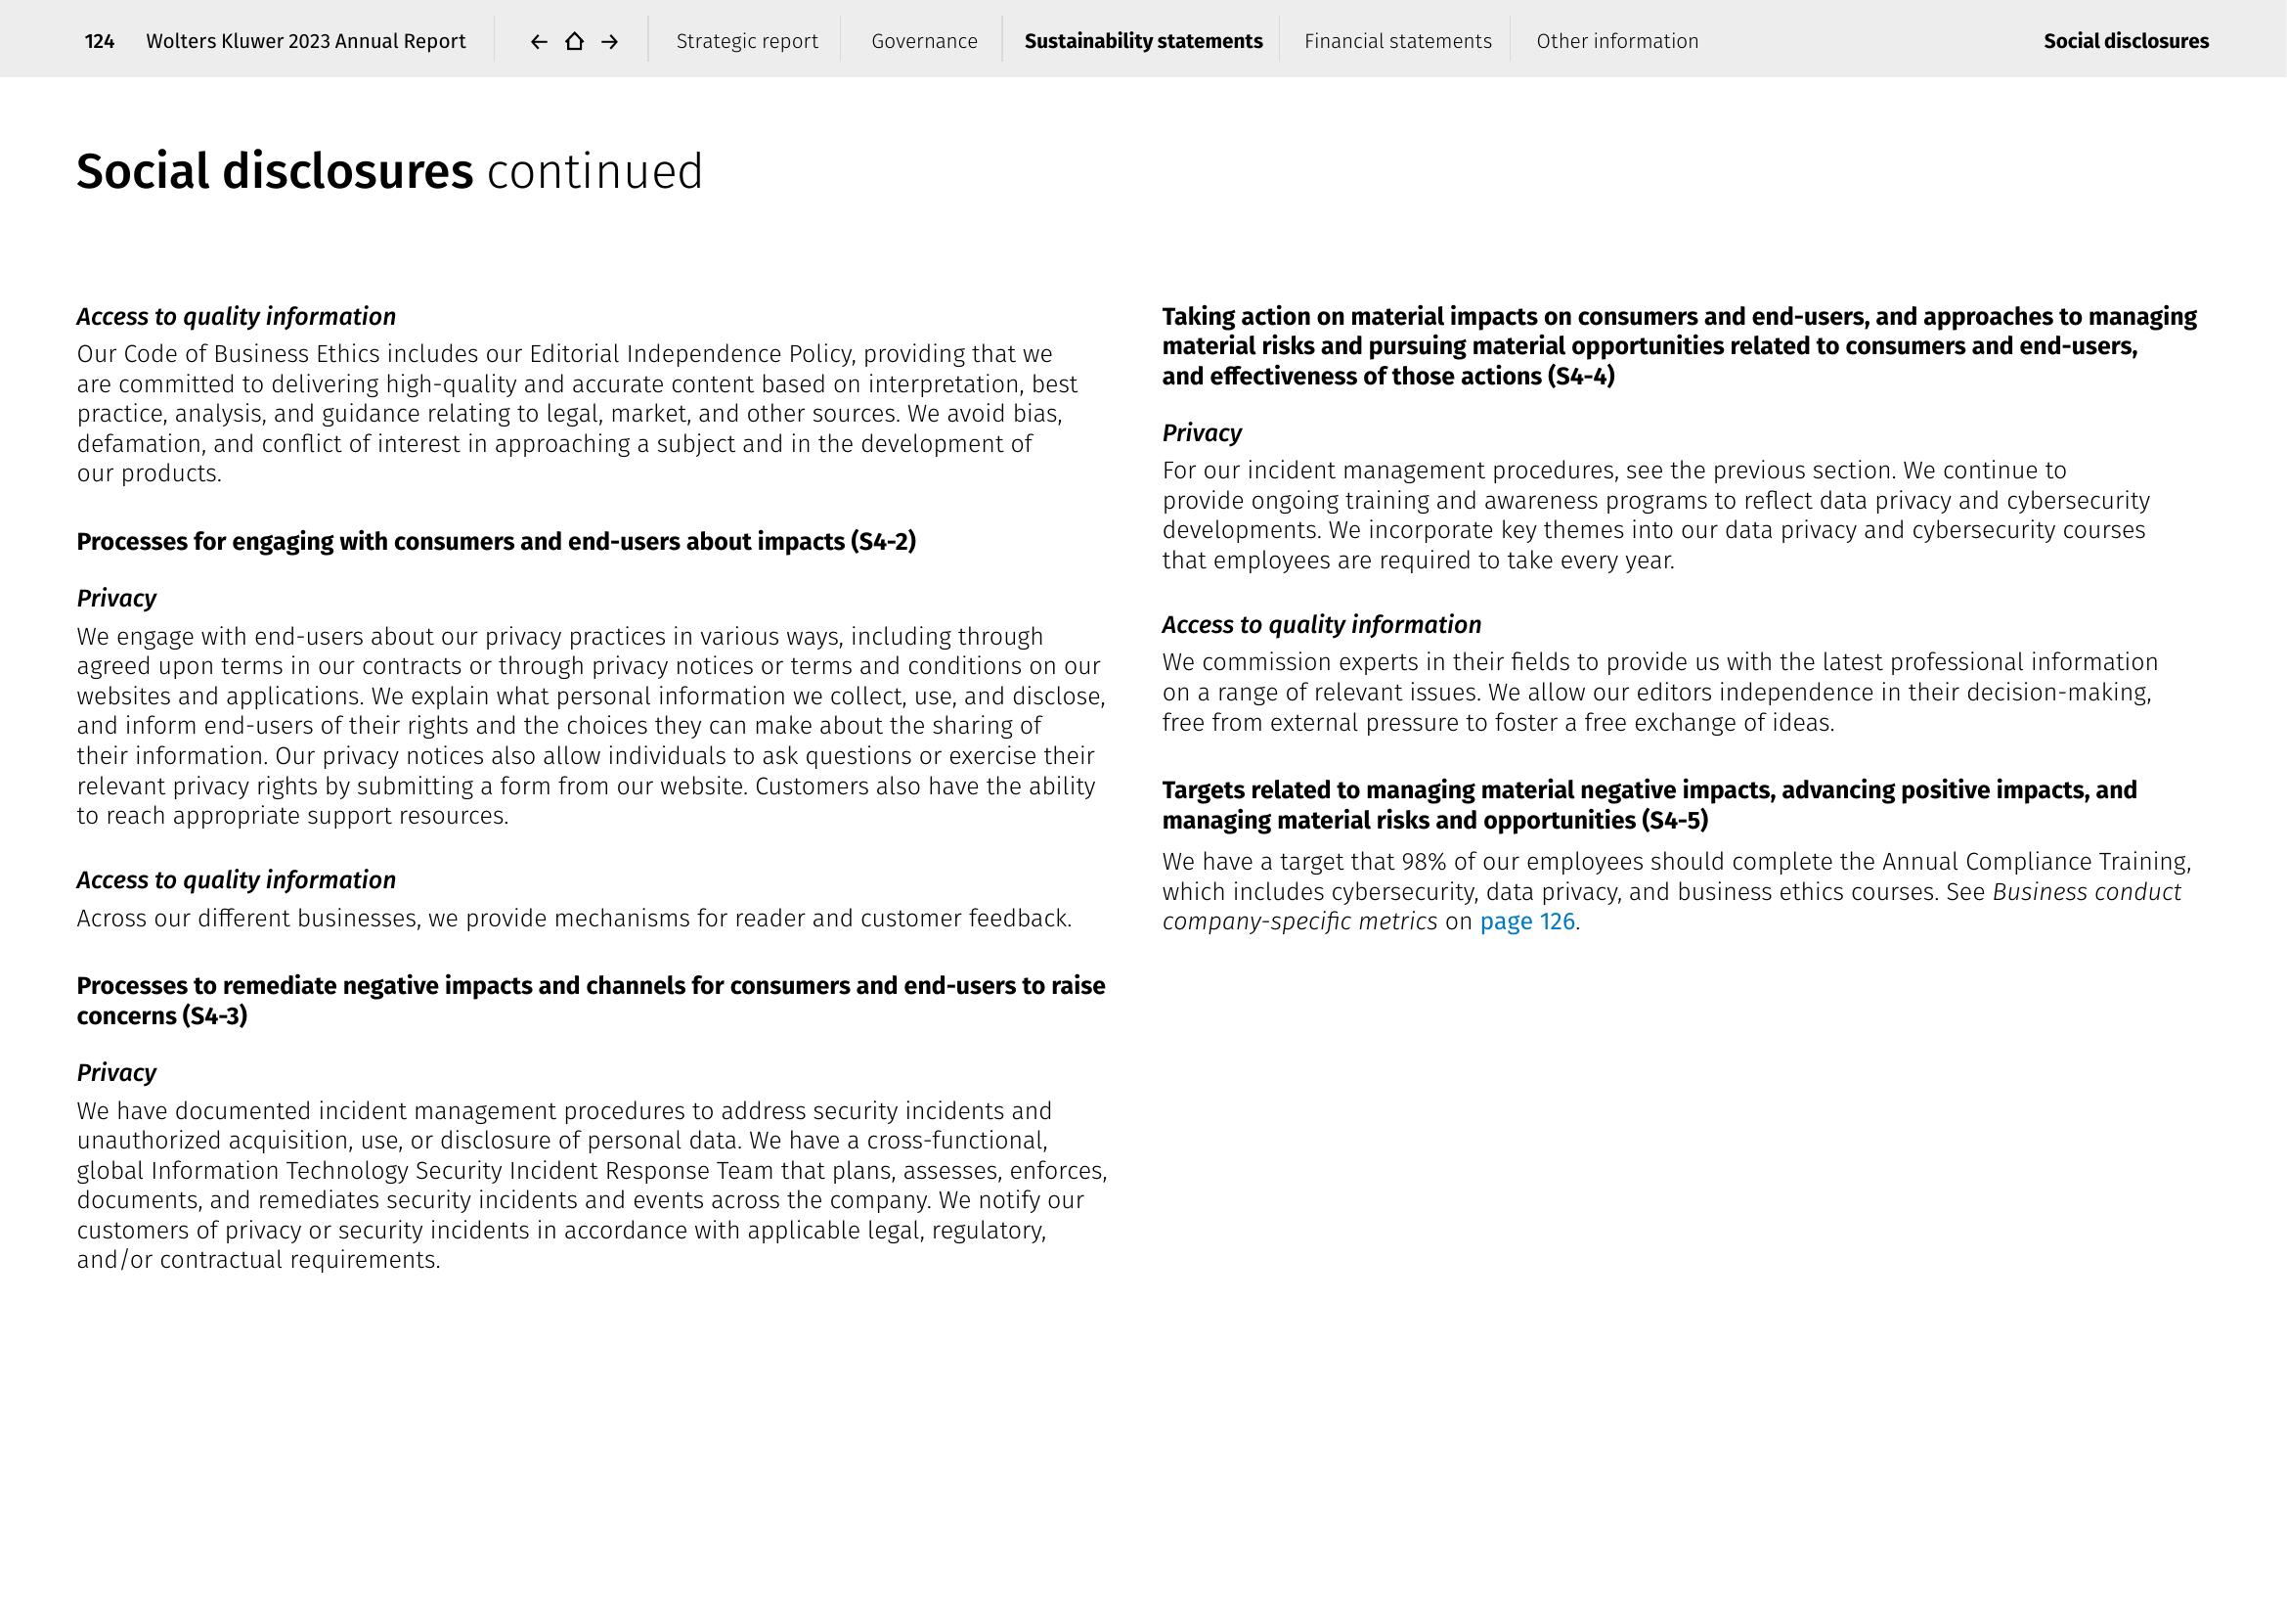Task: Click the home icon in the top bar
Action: pos(574,41)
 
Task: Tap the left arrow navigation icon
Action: pos(539,41)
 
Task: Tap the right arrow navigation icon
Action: pos(609,41)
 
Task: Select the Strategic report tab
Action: pos(747,41)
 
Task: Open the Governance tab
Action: pos(924,41)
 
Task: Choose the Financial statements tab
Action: pos(1397,41)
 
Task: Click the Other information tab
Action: pos(1616,41)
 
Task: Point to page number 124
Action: pos(100,41)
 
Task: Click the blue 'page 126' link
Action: pos(1527,921)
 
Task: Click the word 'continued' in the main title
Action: pos(594,171)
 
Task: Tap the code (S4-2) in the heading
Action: pos(883,542)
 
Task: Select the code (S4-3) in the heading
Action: pos(214,1016)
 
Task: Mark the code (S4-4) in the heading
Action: pos(1581,377)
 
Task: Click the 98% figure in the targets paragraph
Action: pos(1424,862)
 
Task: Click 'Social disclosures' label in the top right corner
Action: pos(2126,41)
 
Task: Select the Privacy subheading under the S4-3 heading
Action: pos(116,1073)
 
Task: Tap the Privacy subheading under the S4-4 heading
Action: pos(1202,433)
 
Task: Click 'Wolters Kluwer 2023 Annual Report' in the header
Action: pos(306,41)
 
